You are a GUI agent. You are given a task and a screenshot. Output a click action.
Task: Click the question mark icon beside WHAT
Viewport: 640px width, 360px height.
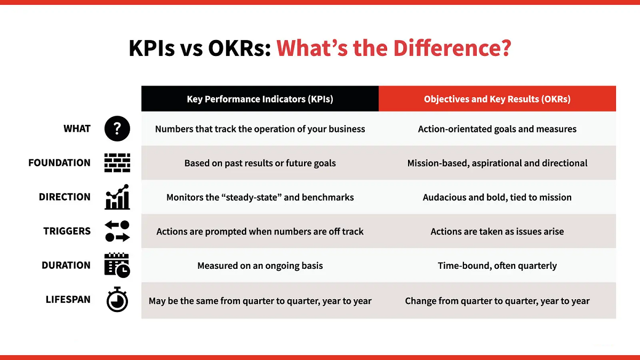(x=117, y=129)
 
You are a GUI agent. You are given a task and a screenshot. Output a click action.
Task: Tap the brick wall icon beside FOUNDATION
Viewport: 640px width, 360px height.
(x=117, y=163)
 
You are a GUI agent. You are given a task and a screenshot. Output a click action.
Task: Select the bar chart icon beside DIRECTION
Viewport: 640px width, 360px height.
(x=117, y=197)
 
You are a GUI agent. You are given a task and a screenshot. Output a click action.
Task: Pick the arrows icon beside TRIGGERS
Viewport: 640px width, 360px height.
(x=117, y=231)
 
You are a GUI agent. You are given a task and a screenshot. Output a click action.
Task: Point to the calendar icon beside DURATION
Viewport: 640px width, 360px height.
(x=117, y=265)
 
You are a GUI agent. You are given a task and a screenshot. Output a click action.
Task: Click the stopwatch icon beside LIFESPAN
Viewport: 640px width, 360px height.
(x=117, y=300)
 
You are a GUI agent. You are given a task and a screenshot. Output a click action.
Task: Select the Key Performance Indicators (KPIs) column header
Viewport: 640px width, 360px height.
(x=260, y=99)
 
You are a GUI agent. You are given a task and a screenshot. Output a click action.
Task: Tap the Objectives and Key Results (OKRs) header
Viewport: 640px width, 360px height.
(x=497, y=99)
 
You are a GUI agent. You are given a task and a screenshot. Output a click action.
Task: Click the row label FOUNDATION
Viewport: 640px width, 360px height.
(x=60, y=163)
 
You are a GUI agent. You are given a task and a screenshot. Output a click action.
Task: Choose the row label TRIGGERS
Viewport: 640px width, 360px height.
(x=67, y=231)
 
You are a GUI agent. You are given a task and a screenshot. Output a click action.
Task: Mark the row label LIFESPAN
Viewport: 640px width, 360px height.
(x=68, y=300)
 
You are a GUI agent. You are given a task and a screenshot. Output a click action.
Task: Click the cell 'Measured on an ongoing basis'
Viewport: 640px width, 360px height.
(x=260, y=266)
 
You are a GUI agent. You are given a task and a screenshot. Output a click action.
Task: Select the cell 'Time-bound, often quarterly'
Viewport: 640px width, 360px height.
(x=497, y=266)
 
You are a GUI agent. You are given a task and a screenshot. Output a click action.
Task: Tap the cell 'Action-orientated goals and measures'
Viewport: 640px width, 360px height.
(x=497, y=129)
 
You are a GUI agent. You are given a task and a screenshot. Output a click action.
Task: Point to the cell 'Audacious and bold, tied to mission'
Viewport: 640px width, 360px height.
(x=497, y=197)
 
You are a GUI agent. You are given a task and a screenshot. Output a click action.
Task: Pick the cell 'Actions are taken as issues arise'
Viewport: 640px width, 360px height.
(x=497, y=231)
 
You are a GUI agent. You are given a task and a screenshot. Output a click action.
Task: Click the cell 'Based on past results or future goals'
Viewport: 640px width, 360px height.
(x=260, y=163)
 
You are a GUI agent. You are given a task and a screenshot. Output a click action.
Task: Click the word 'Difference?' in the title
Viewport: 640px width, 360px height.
(x=452, y=48)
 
